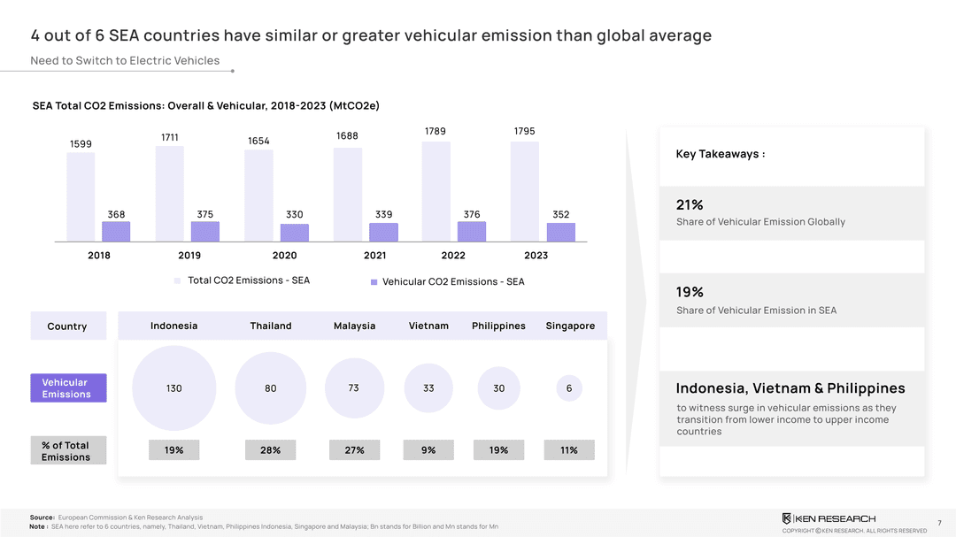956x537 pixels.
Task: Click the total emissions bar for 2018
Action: (x=81, y=196)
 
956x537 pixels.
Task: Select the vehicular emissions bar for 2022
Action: (x=472, y=232)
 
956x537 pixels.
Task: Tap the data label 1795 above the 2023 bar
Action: (x=524, y=131)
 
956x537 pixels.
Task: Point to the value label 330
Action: (x=295, y=214)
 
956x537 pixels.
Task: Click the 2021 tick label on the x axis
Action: (x=375, y=255)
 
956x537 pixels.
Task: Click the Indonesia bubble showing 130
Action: (x=173, y=388)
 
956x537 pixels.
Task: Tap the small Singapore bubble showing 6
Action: (x=569, y=388)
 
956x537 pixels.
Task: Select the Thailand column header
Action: (x=271, y=326)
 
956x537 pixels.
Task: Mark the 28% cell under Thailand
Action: (x=271, y=450)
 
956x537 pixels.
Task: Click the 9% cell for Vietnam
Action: (x=428, y=450)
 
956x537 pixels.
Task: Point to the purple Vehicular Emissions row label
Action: (x=66, y=387)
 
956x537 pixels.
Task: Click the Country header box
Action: (x=67, y=326)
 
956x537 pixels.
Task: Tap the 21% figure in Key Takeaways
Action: (x=690, y=204)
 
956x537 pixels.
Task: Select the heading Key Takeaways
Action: (x=720, y=154)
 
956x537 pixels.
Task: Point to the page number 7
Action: (x=939, y=522)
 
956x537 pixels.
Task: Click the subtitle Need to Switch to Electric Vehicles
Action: (x=125, y=60)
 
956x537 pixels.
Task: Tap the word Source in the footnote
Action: (x=42, y=517)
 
